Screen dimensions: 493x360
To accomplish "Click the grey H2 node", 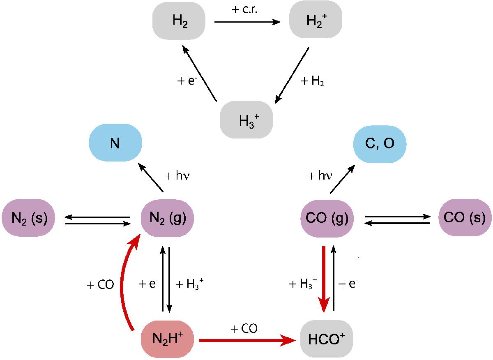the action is (x=179, y=21).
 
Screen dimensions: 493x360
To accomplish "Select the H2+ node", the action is (x=316, y=19).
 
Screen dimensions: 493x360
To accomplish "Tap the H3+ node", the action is (x=246, y=120).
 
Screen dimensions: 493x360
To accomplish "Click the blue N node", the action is (x=115, y=143).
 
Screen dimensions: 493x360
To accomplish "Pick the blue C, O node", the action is (x=380, y=144).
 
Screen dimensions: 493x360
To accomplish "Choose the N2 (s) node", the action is (x=28, y=218).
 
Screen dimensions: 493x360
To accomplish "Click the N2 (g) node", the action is (x=167, y=218).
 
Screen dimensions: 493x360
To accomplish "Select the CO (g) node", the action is (x=327, y=219).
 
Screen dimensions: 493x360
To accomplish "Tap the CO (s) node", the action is (x=465, y=217).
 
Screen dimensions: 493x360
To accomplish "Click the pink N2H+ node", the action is (x=167, y=339).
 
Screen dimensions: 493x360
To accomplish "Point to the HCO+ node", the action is (x=326, y=339).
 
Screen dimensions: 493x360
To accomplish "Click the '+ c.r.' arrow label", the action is (x=244, y=9).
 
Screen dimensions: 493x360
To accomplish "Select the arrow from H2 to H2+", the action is (x=247, y=22).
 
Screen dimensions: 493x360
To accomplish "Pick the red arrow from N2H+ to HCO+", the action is (x=247, y=340).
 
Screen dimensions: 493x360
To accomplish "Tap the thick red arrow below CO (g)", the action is (x=324, y=279).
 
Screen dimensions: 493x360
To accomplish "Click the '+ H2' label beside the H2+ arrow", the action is (x=312, y=81).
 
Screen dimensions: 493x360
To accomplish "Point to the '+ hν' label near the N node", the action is (x=177, y=176).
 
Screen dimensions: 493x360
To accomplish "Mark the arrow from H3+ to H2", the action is (x=199, y=73).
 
